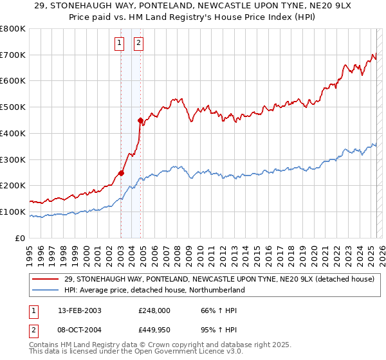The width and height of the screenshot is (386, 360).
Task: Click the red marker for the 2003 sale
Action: click(x=121, y=172)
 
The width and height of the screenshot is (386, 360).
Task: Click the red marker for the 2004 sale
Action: click(x=140, y=120)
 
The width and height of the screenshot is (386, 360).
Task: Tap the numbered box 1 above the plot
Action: click(x=120, y=44)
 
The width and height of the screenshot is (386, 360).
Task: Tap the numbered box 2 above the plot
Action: click(x=138, y=44)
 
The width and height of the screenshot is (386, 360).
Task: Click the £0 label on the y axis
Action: click(x=19, y=238)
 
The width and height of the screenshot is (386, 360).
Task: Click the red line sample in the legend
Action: click(x=46, y=280)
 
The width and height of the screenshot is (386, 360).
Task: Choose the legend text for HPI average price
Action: click(x=155, y=290)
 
